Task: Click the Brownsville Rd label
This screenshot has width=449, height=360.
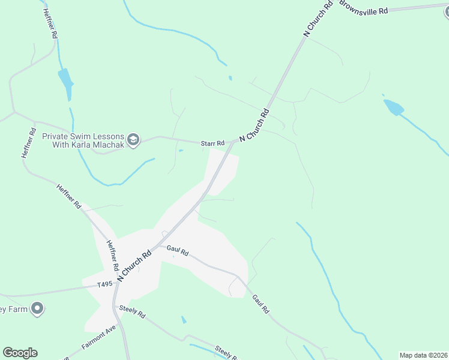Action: [x=363, y=8]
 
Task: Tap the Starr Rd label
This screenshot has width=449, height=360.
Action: [x=212, y=143]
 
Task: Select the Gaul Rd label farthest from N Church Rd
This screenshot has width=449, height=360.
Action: [x=261, y=305]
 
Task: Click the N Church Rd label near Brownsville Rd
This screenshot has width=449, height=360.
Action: [x=318, y=19]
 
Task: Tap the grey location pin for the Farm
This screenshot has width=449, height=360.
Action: [x=37, y=308]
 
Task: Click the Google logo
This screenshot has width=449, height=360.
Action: [x=20, y=353]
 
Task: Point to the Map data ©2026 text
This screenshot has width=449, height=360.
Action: [x=424, y=355]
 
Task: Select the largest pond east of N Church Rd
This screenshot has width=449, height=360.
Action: [x=393, y=107]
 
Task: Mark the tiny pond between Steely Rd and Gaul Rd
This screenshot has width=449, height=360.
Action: [x=184, y=320]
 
